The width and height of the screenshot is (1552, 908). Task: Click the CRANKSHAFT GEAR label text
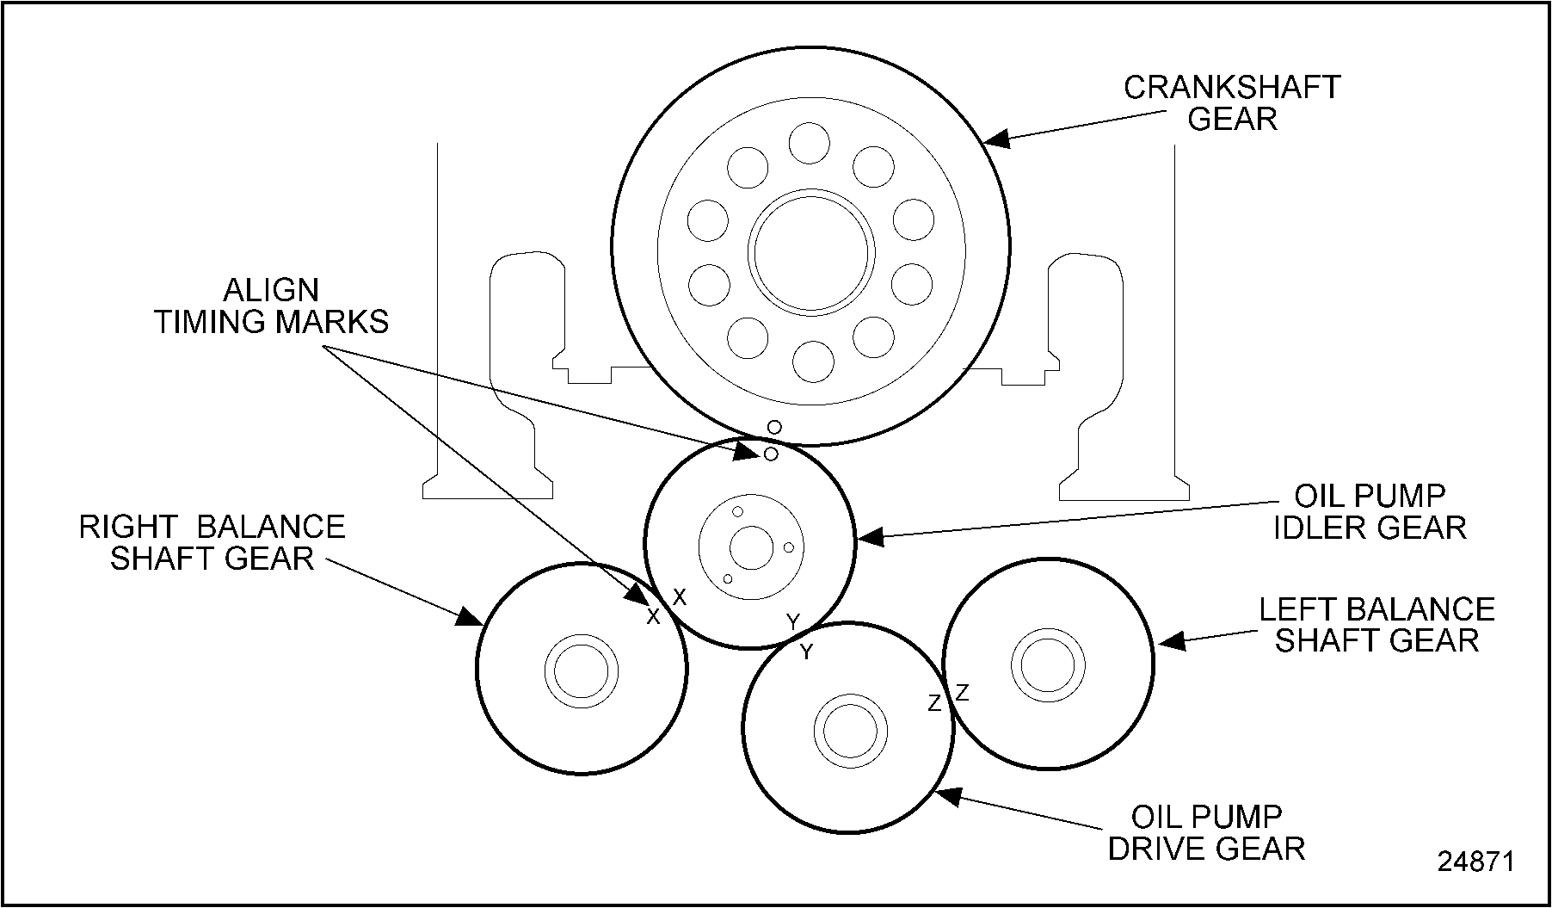pos(1232,102)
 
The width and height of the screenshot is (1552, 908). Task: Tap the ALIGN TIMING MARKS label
pos(272,306)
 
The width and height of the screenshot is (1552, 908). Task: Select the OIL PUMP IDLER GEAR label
pos(1370,511)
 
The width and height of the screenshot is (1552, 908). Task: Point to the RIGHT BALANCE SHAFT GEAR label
pos(212,542)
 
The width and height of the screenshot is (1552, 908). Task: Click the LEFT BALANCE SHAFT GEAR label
pos(1376,625)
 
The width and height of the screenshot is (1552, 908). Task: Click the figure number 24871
pos(1475,862)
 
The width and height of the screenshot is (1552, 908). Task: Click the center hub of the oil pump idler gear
pos(751,547)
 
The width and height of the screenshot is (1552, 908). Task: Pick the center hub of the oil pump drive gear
pos(850,729)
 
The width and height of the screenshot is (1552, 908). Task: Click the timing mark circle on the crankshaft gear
pos(774,427)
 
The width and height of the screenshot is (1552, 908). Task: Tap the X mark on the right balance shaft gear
pos(653,616)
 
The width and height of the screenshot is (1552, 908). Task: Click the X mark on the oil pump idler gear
pos(680,596)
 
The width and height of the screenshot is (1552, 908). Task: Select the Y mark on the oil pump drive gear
pos(806,652)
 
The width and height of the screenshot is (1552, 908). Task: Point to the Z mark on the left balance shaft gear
pos(962,692)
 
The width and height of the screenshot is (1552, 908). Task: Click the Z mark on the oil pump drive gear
pos(934,704)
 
